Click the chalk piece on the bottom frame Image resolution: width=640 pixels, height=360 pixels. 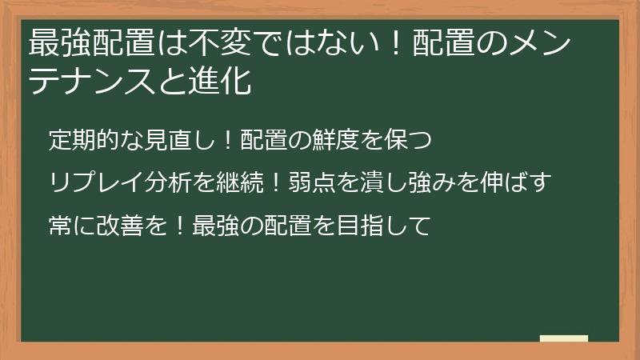(563, 338)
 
